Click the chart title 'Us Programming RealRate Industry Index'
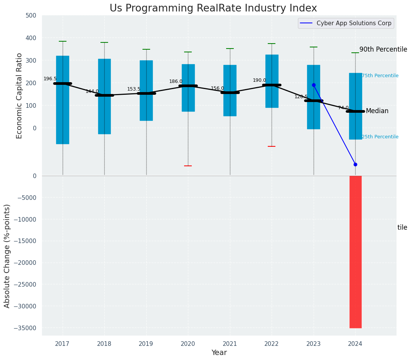[x=213, y=8]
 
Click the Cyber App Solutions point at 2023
[x=314, y=85]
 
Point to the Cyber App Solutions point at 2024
[x=355, y=164]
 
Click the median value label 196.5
[x=50, y=79]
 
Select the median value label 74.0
[x=343, y=108]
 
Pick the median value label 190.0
[x=259, y=80]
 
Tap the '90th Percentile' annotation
[x=383, y=49]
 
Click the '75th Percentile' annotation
[x=380, y=76]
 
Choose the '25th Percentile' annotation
[x=380, y=137]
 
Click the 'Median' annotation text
[x=377, y=111]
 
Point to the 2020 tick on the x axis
[x=188, y=344]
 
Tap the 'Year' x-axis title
[x=219, y=353]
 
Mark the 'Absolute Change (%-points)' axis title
[x=7, y=256]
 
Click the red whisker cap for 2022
[x=272, y=146]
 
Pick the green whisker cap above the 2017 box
[x=63, y=41]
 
